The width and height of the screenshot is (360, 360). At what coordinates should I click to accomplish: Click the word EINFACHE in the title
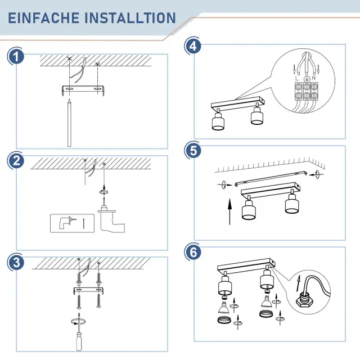pyautogui.click(x=44, y=18)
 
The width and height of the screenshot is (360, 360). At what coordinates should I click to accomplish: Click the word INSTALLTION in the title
pyautogui.click(x=130, y=18)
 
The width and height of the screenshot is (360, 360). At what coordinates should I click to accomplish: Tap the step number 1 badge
pyautogui.click(x=16, y=57)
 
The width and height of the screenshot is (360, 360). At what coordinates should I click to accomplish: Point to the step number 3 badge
pyautogui.click(x=16, y=262)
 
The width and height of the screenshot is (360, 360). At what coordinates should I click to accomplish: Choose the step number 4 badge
pyautogui.click(x=193, y=46)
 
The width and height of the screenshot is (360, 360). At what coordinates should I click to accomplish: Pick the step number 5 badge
pyautogui.click(x=193, y=150)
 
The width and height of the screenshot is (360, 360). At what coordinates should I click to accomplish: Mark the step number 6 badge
pyautogui.click(x=193, y=252)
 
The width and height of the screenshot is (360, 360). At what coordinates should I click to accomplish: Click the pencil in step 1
pyautogui.click(x=69, y=123)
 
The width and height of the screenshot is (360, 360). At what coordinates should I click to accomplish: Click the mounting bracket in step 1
pyautogui.click(x=83, y=90)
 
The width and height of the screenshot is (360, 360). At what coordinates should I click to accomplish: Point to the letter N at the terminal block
pyautogui.click(x=314, y=78)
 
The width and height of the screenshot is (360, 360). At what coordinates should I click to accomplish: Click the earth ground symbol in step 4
pyautogui.click(x=306, y=79)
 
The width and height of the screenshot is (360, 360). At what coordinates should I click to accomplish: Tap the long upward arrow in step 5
pyautogui.click(x=229, y=211)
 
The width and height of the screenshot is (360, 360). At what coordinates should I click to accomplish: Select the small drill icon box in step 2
pyautogui.click(x=72, y=223)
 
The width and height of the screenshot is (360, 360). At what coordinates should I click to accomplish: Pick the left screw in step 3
pyautogui.click(x=79, y=301)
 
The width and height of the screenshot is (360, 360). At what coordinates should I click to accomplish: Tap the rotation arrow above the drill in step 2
pyautogui.click(x=103, y=191)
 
